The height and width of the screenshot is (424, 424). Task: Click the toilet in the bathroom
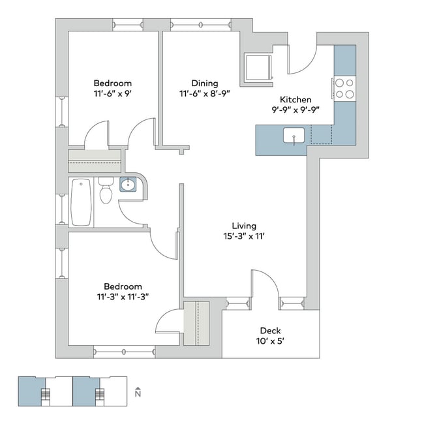click(x=106, y=190)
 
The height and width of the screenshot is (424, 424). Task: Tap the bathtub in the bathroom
click(x=81, y=202)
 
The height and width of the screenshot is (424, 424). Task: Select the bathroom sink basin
click(x=128, y=185)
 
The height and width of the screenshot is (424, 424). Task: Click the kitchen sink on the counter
click(x=294, y=136)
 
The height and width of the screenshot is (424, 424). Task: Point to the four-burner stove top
click(x=345, y=89)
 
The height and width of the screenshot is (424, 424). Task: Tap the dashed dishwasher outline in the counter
click(x=322, y=134)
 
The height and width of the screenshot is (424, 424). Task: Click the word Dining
click(x=205, y=83)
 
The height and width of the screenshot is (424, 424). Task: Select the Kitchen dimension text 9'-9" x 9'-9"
click(x=295, y=110)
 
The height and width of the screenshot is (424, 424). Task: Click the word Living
click(x=244, y=226)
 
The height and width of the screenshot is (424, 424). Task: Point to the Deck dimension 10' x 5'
click(x=270, y=341)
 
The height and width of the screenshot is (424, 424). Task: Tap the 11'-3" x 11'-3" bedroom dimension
click(x=123, y=297)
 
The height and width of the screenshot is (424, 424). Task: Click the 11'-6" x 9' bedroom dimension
click(x=113, y=93)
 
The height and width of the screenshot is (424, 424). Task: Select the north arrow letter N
click(x=138, y=394)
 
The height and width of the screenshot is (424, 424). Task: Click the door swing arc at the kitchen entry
click(x=308, y=65)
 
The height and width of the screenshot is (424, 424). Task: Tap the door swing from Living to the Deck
click(x=270, y=279)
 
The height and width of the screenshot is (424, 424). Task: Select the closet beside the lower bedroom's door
click(x=196, y=323)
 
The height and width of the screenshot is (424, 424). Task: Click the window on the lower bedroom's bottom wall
click(x=125, y=352)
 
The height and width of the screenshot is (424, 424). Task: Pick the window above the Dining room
click(x=201, y=25)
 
